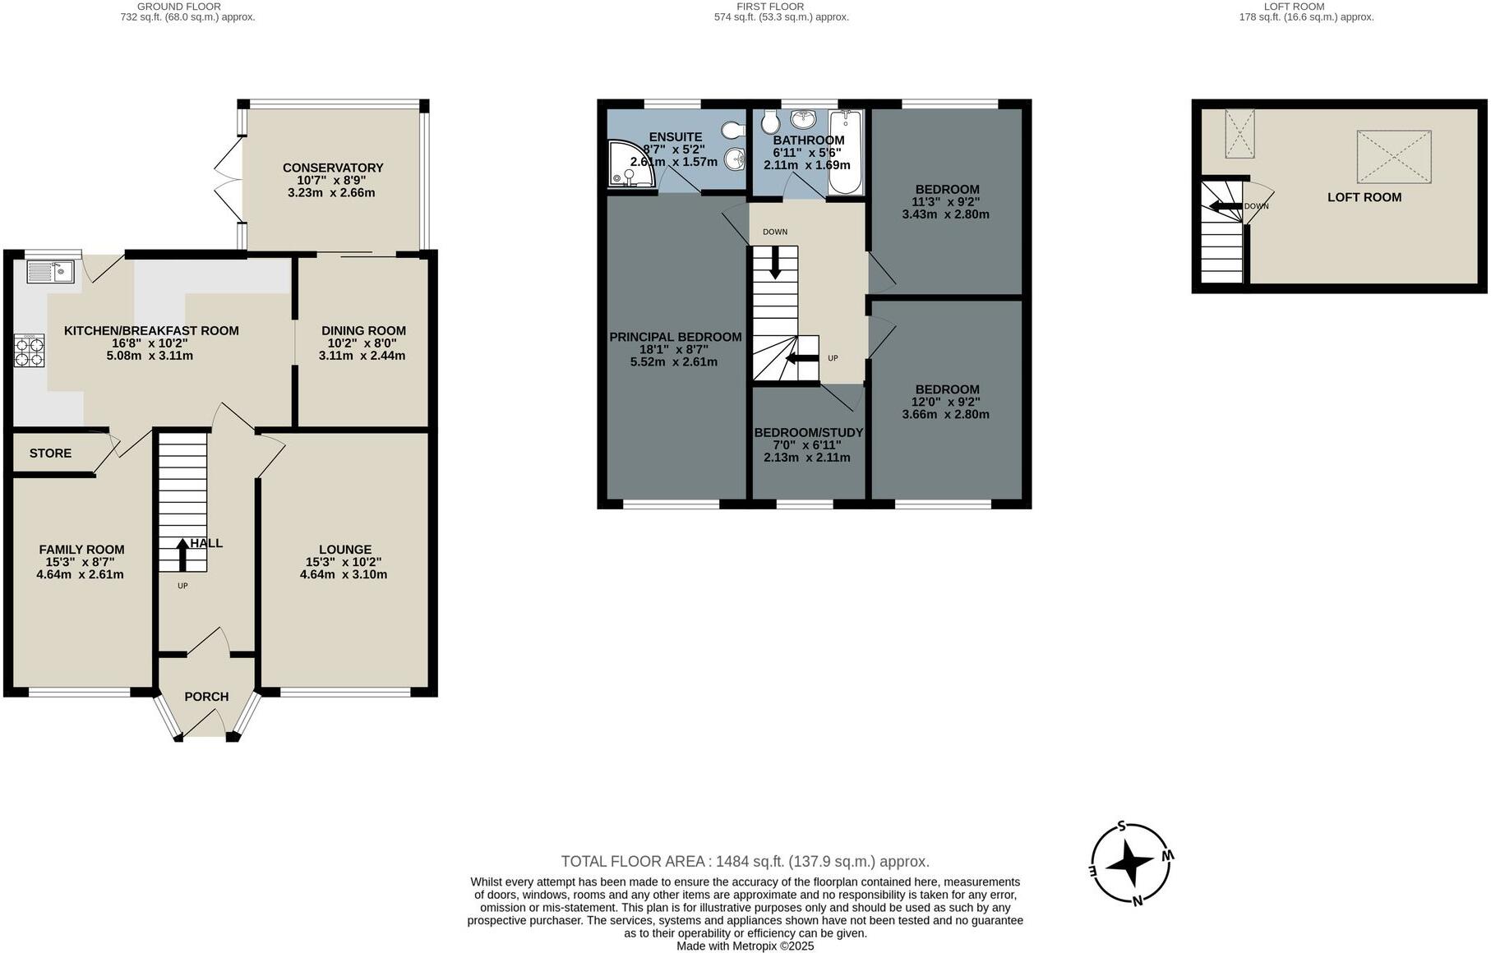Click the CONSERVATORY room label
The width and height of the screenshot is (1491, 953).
tap(333, 168)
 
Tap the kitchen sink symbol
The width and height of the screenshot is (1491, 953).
tap(50, 270)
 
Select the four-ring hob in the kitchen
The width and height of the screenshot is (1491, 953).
tap(30, 351)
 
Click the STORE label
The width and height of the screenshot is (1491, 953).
tap(50, 453)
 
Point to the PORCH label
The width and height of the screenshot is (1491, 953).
tap(206, 697)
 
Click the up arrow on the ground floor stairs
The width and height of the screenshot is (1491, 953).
tap(182, 555)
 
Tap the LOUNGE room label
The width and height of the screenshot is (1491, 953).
tap(345, 550)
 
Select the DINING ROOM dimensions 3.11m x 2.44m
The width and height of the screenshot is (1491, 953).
tap(362, 356)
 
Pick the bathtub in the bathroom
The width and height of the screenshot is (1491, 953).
tap(845, 153)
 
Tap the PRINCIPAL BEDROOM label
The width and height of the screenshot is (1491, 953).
tap(675, 337)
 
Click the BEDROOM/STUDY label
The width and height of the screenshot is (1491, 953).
tap(809, 433)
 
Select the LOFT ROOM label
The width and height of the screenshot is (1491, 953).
tap(1364, 197)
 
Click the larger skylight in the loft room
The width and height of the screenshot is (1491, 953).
tap(1393, 156)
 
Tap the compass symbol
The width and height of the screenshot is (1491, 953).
tap(1130, 863)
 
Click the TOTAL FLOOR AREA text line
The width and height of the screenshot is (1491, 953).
tap(745, 862)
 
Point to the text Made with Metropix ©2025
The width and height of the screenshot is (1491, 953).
tap(745, 946)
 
